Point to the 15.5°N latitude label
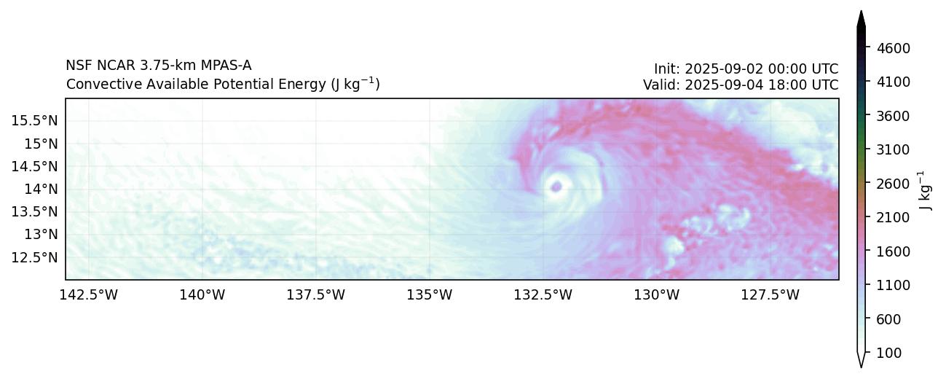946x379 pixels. [35, 120]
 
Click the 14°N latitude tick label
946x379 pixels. [42, 189]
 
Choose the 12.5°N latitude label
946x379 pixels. [35, 257]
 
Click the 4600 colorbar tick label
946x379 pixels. [894, 48]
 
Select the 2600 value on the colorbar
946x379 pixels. [894, 184]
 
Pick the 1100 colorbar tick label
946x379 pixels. [894, 285]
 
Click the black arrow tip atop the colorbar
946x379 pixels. [861, 17]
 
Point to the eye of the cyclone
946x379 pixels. [557, 187]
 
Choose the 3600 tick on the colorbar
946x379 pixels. [894, 116]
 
